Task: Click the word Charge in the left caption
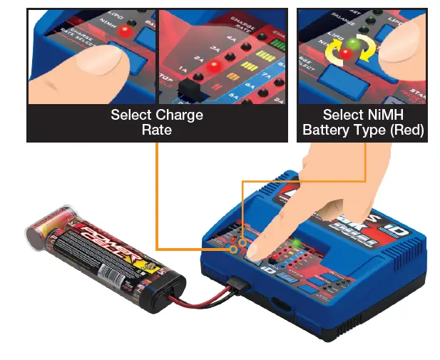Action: [178, 115]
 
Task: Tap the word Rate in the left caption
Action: [156, 130]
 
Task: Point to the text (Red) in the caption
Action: [406, 130]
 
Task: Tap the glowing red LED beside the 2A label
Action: [213, 66]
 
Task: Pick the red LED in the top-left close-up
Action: [126, 32]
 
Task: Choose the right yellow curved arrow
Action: [369, 50]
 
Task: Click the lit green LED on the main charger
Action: [295, 243]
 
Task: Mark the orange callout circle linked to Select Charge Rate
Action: [233, 250]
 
